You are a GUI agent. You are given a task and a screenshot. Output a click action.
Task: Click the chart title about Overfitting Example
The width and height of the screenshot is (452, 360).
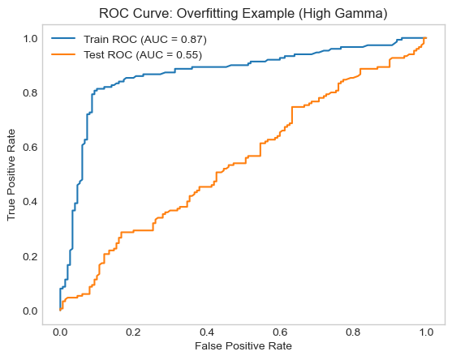243,14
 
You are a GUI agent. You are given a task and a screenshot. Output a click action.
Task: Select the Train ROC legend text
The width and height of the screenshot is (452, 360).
145,40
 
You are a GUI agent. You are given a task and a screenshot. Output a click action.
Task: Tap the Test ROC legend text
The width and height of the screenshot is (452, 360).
143,54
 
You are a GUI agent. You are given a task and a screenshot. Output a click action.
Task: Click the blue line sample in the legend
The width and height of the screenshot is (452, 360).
63,39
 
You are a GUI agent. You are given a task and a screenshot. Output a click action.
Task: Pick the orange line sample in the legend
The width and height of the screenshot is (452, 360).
63,54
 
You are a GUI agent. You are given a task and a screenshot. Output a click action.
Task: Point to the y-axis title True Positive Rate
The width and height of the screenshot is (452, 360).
11,175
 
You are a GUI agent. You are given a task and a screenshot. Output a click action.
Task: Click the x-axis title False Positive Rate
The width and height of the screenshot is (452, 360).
243,346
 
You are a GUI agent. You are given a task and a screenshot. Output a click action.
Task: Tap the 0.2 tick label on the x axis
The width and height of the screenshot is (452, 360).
133,332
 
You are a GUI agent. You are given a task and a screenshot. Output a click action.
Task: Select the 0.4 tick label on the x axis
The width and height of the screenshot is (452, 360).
207,332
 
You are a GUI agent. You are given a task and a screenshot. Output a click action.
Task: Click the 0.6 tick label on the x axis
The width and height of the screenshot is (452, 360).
280,332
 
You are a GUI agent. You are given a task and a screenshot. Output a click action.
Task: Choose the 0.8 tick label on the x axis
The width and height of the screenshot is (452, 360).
353,332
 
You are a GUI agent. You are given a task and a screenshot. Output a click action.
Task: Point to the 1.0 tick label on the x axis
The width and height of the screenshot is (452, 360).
426,332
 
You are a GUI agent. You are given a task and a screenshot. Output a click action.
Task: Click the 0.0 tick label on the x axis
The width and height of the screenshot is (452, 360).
60,332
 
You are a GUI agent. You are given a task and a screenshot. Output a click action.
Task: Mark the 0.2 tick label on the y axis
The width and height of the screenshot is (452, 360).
30,256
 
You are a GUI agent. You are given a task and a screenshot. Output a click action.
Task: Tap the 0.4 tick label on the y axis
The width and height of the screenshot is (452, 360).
30,202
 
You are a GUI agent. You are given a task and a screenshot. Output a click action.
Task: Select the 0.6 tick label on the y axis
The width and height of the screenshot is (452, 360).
30,148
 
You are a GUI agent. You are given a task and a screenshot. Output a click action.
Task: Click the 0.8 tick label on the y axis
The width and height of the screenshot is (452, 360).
30,93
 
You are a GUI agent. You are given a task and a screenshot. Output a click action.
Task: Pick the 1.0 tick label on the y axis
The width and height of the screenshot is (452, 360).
30,39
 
